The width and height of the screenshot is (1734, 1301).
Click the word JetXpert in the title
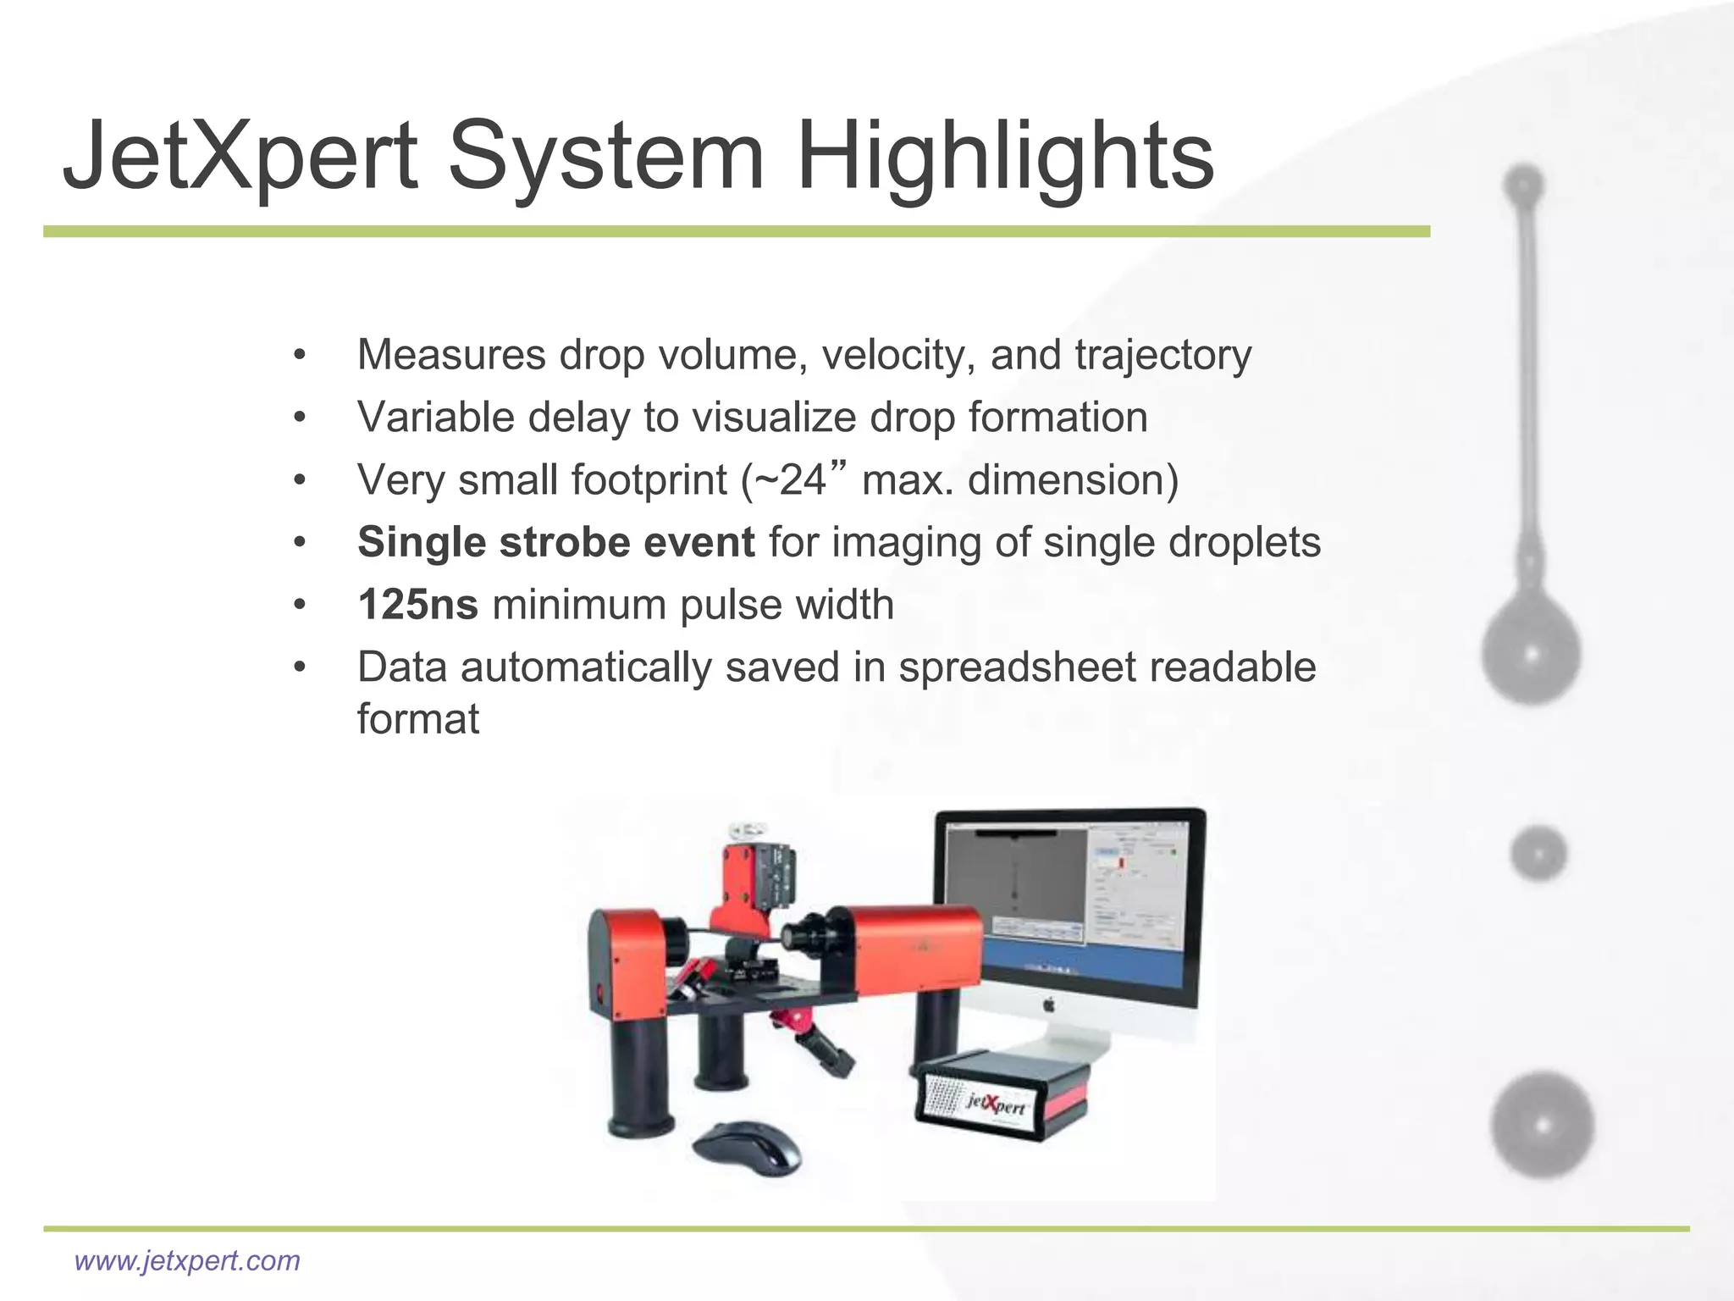point(240,158)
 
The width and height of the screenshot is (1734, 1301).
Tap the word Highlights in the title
point(1005,158)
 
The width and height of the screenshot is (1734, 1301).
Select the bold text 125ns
point(417,605)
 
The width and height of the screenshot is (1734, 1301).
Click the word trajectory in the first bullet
point(1162,355)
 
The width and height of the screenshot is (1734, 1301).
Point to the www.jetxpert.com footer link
point(187,1260)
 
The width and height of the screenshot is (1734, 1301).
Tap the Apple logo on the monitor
point(1047,1005)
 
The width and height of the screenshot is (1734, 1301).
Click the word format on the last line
point(417,719)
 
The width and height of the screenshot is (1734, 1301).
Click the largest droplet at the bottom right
point(1542,1125)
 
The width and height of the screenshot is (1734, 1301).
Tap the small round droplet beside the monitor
point(1538,853)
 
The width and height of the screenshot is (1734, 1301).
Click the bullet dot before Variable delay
point(299,418)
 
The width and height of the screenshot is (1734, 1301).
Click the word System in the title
point(606,158)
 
